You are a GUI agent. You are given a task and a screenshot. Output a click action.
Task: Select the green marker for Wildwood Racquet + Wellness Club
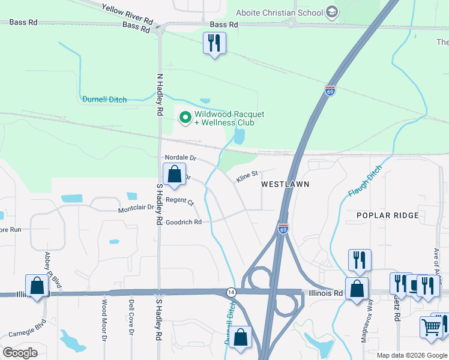pos(185,118)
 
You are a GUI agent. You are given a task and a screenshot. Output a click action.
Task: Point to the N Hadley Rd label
pos(160,95)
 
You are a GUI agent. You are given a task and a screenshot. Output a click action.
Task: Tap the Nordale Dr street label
pos(181,158)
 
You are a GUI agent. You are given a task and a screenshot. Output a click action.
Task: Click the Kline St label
pos(247,175)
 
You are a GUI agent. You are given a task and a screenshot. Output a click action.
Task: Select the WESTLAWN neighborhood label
pos(285,184)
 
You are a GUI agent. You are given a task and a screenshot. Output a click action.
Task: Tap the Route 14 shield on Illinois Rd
pos(231,292)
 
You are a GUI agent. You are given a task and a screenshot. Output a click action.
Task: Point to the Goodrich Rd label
pos(183,222)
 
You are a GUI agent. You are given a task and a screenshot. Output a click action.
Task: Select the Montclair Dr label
pos(136,209)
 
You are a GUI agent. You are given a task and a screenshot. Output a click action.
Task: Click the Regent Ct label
pos(180,200)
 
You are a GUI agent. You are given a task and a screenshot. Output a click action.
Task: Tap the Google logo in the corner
pos(20,352)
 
